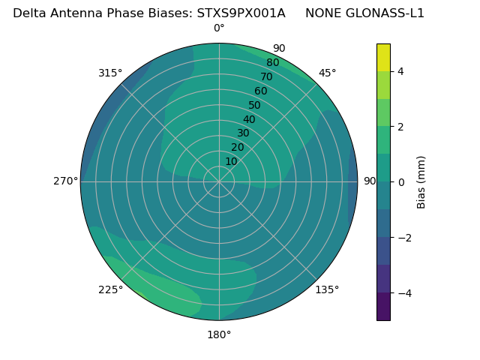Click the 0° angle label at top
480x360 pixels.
click(219, 28)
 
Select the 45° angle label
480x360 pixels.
click(328, 73)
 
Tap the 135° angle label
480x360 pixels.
click(327, 289)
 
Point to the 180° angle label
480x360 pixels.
click(219, 334)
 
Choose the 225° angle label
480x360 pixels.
click(110, 290)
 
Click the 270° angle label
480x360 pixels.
click(65, 181)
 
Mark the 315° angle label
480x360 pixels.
click(110, 73)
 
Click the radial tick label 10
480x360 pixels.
click(231, 161)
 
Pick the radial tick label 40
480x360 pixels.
click(249, 119)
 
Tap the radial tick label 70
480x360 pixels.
click(267, 76)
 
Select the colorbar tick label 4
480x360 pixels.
click(401, 71)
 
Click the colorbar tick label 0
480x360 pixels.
click(401, 182)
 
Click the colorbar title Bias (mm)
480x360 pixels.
click(421, 182)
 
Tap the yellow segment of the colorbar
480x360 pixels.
click(383, 57)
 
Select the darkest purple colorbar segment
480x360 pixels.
click(383, 307)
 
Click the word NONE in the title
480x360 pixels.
click(322, 13)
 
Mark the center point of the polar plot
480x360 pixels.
click(219, 181)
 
